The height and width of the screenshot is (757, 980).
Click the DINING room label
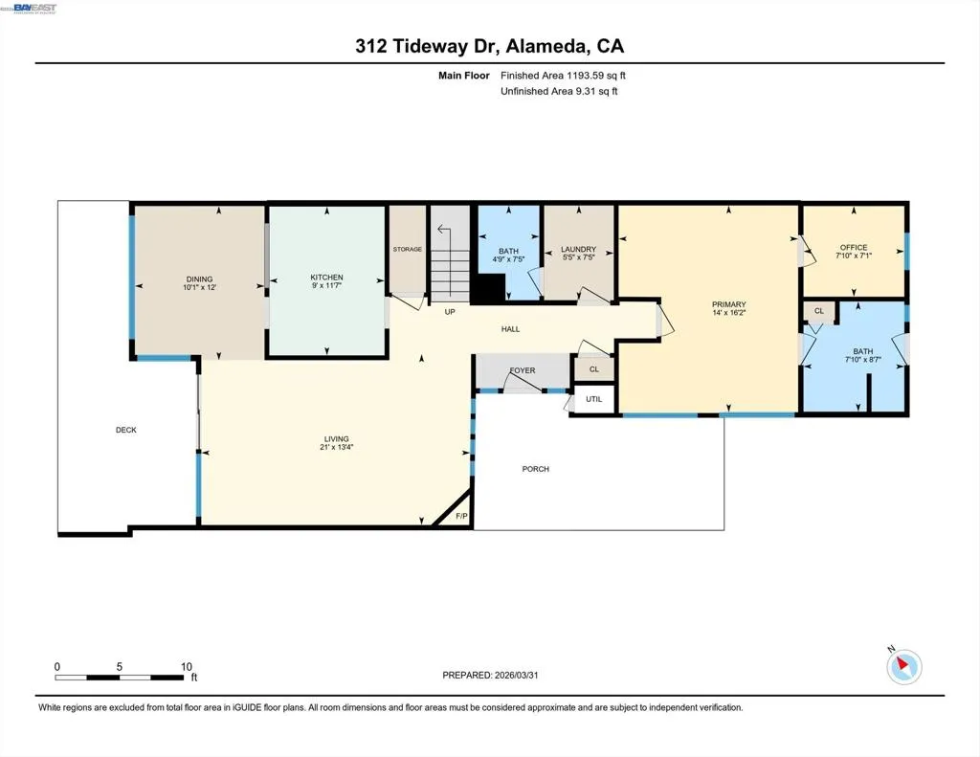click(199, 278)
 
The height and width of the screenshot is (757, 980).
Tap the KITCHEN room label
click(327, 277)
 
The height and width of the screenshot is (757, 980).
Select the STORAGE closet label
click(408, 249)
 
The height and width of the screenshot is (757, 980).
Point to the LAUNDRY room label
click(578, 249)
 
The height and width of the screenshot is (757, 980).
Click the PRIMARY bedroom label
click(728, 304)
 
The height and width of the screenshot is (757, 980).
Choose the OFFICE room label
click(854, 248)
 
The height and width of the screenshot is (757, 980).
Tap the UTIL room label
click(593, 399)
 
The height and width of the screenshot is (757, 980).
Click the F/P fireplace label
click(462, 516)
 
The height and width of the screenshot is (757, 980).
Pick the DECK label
click(126, 430)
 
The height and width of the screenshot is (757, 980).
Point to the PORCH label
click(536, 468)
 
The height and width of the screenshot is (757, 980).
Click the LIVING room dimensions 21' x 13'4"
click(336, 447)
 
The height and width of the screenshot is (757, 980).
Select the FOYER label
click(523, 370)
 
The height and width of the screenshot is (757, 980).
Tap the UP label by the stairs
click(450, 311)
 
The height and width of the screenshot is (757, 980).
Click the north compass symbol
click(903, 666)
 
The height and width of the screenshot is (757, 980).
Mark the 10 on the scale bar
click(187, 666)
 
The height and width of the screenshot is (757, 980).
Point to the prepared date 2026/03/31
click(516, 675)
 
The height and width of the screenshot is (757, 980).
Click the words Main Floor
click(464, 75)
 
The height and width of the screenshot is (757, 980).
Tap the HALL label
click(511, 329)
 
